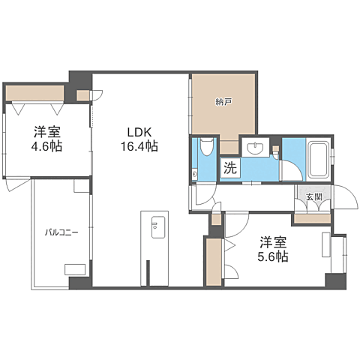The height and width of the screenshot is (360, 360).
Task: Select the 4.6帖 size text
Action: click(x=46, y=146)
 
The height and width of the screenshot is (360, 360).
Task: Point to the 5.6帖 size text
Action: click(x=273, y=256)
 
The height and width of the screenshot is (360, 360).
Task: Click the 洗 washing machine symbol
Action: click(x=229, y=169)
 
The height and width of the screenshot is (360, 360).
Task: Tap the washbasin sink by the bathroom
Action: click(x=259, y=147)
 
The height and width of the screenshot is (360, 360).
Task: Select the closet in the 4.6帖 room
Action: click(x=35, y=94)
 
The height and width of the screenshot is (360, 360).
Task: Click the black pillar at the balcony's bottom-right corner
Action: click(x=79, y=283)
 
